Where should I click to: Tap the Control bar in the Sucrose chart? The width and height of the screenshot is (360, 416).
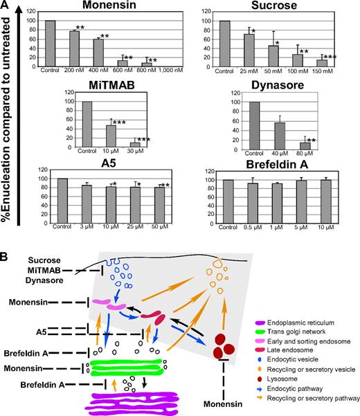[225, 42]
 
